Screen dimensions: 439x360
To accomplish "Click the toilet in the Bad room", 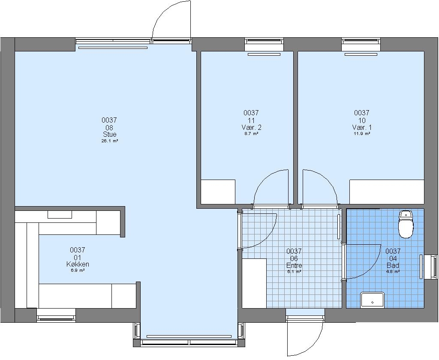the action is (406, 225).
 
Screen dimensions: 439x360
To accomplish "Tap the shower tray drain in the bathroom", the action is (373, 302).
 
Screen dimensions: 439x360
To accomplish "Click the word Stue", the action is (109, 135).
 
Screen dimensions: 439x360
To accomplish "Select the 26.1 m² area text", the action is (109, 141).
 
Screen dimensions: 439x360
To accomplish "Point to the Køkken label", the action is (78, 264).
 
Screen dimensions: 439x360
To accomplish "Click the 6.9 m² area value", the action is (78, 271).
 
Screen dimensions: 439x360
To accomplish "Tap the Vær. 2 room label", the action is (251, 127).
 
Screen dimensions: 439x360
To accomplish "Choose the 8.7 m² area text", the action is (251, 134).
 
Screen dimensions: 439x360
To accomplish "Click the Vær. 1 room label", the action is (362, 127).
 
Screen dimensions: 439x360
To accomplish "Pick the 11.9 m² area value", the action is (362, 134).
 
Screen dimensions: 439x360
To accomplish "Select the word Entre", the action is (294, 265).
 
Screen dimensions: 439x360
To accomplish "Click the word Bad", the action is (393, 265).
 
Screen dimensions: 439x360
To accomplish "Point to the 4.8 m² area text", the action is (393, 272).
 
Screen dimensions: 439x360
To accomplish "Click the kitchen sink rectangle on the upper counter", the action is (60, 214).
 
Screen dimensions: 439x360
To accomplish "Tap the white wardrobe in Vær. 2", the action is (218, 192).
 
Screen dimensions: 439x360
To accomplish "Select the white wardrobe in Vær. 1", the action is (387, 192).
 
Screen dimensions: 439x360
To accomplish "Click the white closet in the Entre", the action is (254, 283).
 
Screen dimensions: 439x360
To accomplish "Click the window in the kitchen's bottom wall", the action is (56, 315).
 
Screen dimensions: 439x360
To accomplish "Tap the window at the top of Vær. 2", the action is (264, 44).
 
